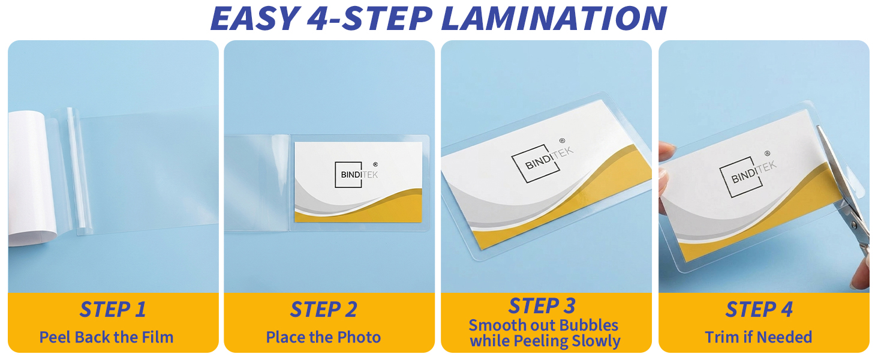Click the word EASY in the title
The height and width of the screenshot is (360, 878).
tap(255, 18)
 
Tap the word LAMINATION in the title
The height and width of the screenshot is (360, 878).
tap(554, 18)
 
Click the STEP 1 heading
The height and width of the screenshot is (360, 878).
tap(113, 310)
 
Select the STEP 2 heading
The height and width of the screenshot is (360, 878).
tap(324, 310)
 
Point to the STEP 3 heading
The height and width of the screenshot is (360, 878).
tap(542, 306)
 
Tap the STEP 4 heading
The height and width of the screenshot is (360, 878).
tap(759, 310)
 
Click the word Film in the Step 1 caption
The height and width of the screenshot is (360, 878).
tap(158, 337)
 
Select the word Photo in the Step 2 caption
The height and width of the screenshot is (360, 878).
tap(359, 337)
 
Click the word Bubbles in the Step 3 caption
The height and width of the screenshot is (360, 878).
tap(590, 325)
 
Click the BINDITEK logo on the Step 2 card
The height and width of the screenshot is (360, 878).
tap(356, 175)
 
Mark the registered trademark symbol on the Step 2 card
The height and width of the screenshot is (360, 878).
tap(375, 164)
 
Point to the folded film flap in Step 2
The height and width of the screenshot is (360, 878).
tap(257, 183)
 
